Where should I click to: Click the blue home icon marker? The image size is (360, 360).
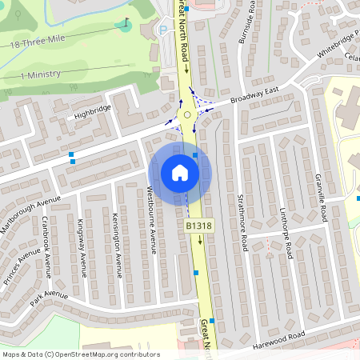click(180, 172)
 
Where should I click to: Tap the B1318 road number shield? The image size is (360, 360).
click(199, 226)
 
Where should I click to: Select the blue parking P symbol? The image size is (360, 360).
click(164, 30)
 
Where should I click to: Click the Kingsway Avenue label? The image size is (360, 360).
click(81, 247)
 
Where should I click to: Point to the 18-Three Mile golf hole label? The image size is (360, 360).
click(37, 42)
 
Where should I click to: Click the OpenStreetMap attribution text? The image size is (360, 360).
click(81, 354)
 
